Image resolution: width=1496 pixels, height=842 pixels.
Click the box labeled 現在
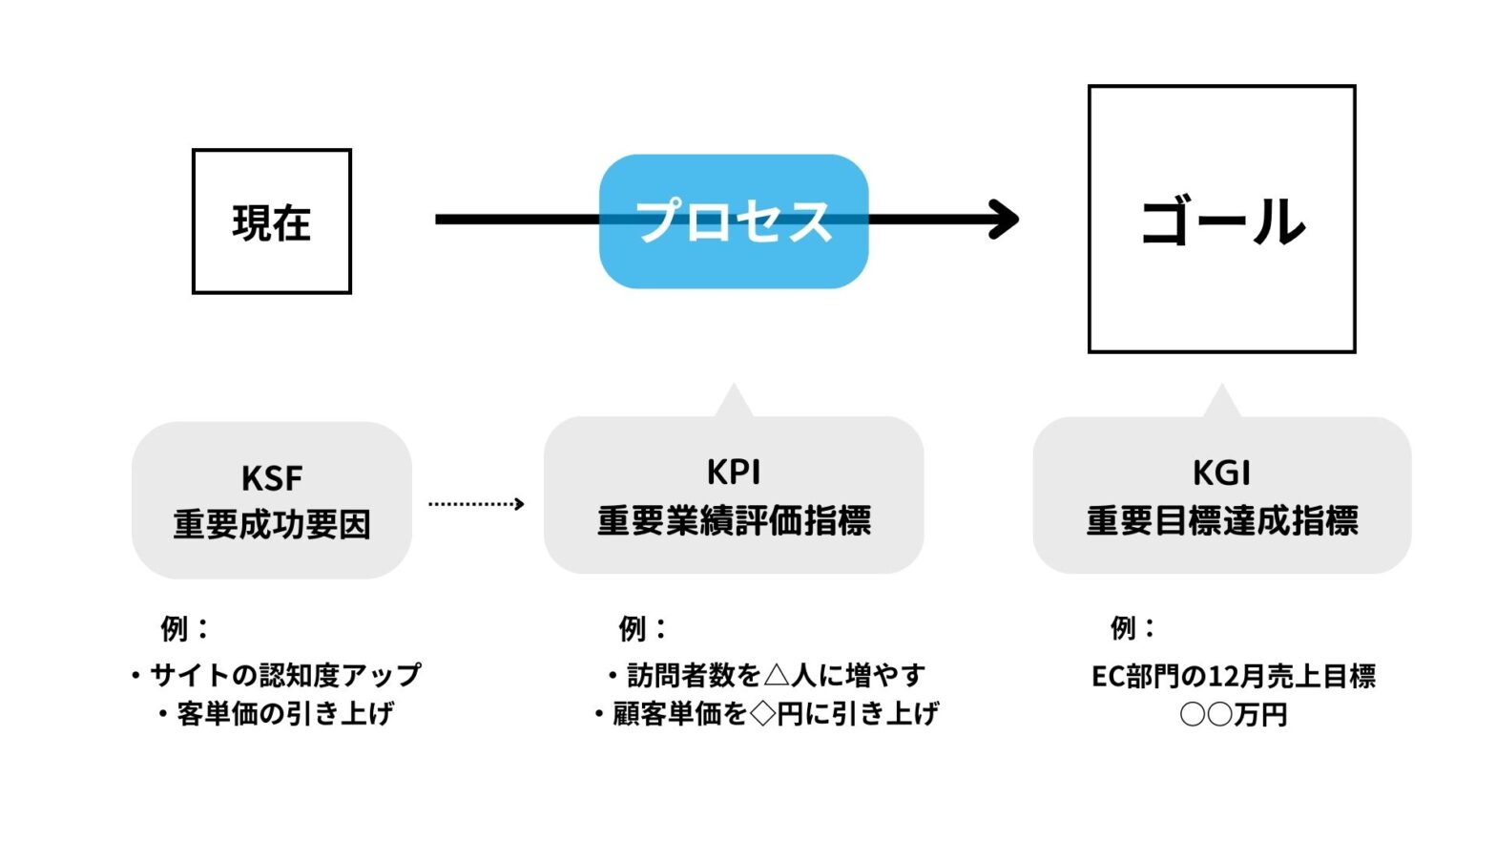pyautogui.click(x=272, y=221)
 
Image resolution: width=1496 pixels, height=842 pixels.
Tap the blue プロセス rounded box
pyautogui.click(x=733, y=221)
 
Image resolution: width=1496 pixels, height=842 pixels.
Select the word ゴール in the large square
pyautogui.click(x=1222, y=221)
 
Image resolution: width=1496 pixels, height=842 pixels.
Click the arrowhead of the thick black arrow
pyautogui.click(x=1005, y=220)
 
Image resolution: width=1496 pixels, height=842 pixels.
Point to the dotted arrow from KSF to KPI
pyautogui.click(x=476, y=504)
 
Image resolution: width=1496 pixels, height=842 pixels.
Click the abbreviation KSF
pyautogui.click(x=272, y=477)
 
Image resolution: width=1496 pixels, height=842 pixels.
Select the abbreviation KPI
pyautogui.click(x=733, y=473)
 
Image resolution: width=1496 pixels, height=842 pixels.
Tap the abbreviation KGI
pyautogui.click(x=1221, y=474)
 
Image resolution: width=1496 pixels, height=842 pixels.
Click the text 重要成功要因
pyautogui.click(x=272, y=525)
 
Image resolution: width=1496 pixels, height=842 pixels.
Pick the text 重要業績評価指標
pyautogui.click(x=733, y=521)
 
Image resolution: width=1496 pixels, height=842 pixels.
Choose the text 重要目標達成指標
pyautogui.click(x=1221, y=521)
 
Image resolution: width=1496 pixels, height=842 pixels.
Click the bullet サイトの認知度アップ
pyautogui.click(x=277, y=675)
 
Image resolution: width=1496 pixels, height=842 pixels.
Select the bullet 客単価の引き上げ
pyautogui.click(x=277, y=713)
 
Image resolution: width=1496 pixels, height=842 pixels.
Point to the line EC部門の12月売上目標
pyautogui.click(x=1233, y=676)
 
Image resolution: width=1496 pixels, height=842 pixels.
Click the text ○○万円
pyautogui.click(x=1233, y=714)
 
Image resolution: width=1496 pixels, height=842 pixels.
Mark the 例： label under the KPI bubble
pyautogui.click(x=642, y=628)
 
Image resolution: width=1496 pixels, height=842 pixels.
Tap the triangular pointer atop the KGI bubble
pyautogui.click(x=1221, y=403)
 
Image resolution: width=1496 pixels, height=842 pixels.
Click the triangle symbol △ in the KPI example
pyautogui.click(x=777, y=676)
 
